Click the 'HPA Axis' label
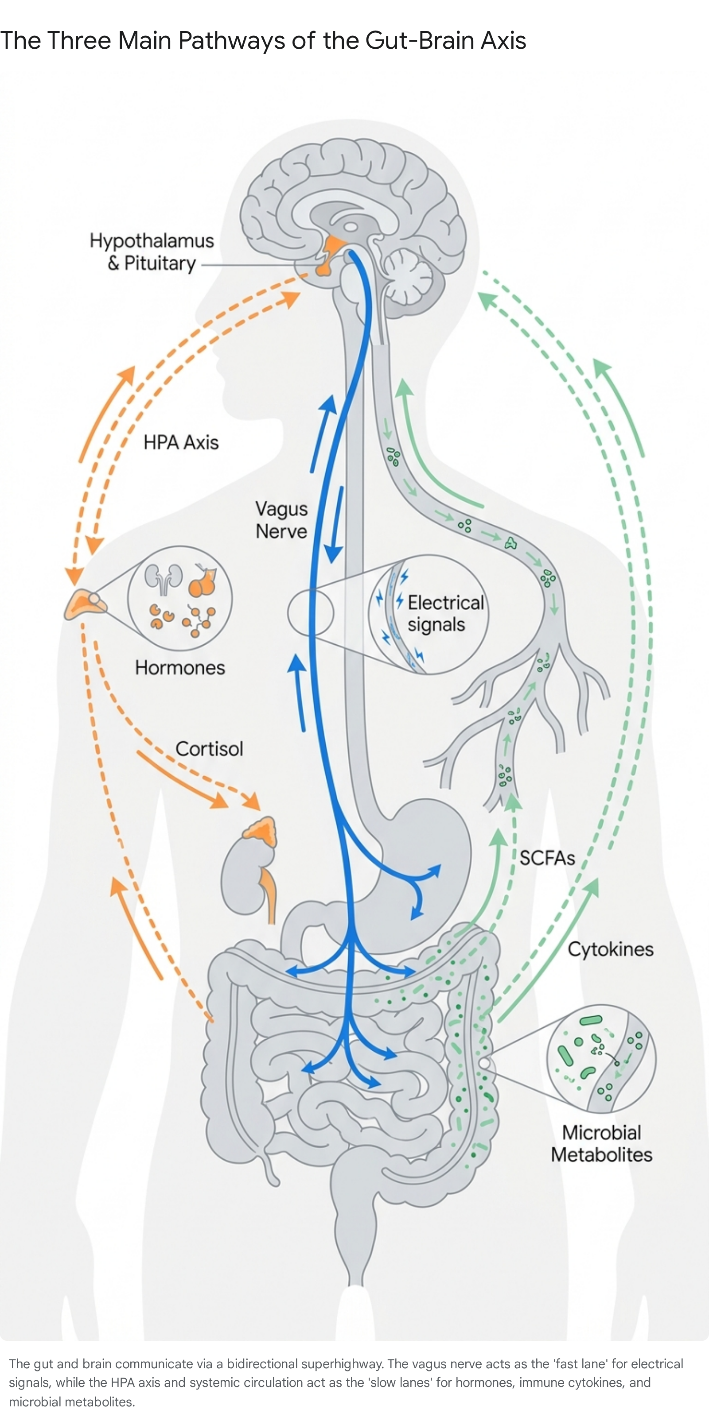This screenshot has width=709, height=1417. click(x=181, y=442)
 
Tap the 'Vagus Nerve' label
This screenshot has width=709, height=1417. click(x=281, y=520)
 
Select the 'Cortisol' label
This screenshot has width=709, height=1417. click(x=209, y=749)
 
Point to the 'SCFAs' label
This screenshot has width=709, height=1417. click(x=547, y=858)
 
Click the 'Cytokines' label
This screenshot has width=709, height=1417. click(x=611, y=949)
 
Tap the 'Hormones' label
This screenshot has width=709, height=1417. click(x=180, y=668)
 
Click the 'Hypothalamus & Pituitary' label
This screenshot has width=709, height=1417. click(x=152, y=252)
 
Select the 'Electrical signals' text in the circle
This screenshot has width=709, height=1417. click(x=445, y=613)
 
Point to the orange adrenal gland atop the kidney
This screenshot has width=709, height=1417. click(x=261, y=831)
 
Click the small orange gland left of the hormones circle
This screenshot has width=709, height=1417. click(x=84, y=604)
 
